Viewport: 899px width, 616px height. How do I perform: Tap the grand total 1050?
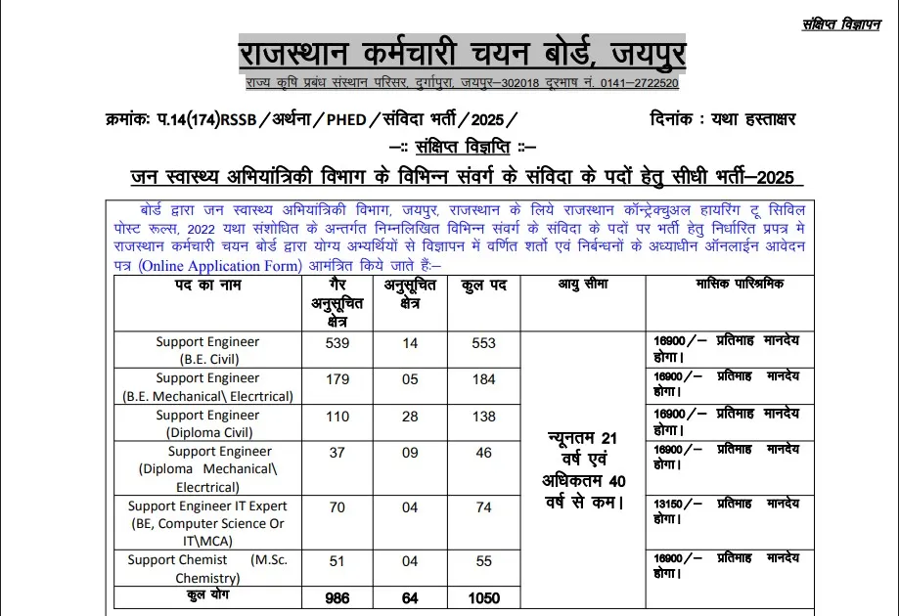[x=483, y=598]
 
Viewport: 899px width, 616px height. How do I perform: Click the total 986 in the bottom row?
[x=337, y=598]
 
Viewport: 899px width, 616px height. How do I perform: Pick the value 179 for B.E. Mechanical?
[x=337, y=378]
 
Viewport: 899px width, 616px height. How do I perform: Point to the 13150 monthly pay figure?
[x=673, y=505]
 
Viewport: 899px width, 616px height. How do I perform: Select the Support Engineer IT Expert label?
[x=207, y=506]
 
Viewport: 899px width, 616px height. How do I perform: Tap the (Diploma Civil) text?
[x=207, y=432]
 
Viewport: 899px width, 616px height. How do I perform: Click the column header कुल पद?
[x=483, y=285]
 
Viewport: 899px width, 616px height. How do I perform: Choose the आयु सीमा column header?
[x=582, y=285]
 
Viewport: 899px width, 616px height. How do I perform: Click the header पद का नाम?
[x=208, y=285]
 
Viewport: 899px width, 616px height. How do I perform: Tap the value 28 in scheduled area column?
[x=410, y=416]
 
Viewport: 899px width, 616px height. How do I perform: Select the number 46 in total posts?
[x=483, y=453]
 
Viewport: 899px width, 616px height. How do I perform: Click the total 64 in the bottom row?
[x=410, y=598]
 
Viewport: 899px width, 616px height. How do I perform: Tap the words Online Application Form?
[x=218, y=265]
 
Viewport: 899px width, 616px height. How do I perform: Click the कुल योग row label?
[x=208, y=595]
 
